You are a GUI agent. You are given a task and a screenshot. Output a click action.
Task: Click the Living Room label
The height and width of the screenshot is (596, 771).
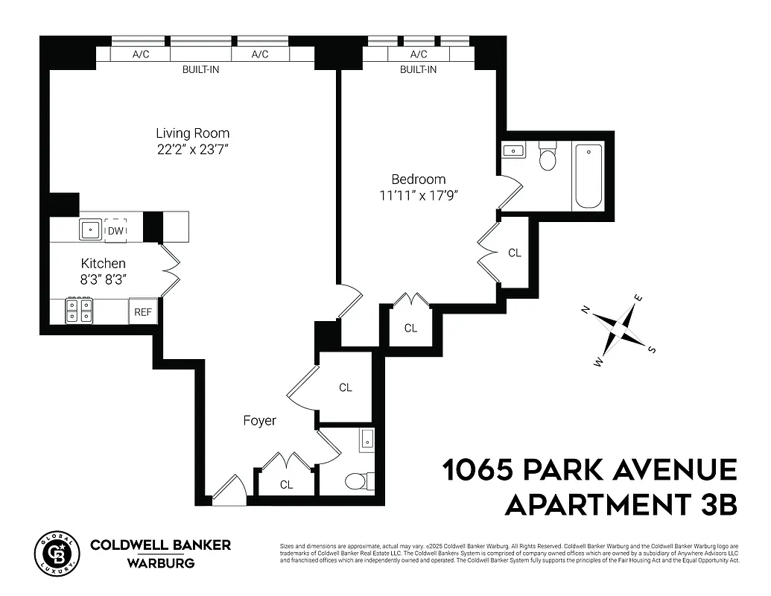[192, 133]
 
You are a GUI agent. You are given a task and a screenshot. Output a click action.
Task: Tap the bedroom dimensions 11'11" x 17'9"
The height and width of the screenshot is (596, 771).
[419, 195]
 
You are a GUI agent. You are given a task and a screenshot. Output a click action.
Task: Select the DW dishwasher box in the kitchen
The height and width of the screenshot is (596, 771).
[115, 230]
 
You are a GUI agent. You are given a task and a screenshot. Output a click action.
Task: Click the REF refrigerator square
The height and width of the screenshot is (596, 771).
[143, 311]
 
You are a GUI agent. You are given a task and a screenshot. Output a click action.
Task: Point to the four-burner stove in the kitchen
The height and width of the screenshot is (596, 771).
[80, 310]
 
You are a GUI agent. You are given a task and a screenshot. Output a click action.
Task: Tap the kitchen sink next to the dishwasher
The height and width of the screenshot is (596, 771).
[91, 230]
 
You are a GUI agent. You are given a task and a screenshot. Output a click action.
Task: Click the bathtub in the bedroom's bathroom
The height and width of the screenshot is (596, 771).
[588, 177]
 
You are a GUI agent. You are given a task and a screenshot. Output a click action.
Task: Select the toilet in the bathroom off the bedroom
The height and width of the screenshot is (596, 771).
[548, 159]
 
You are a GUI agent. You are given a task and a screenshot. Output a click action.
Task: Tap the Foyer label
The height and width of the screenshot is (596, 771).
[259, 421]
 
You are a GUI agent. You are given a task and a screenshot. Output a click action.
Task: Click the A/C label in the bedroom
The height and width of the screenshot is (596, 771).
[418, 54]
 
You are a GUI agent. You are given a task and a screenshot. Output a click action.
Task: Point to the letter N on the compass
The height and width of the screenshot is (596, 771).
[586, 310]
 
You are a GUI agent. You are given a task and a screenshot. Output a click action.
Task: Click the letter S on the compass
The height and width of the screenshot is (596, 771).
[652, 349]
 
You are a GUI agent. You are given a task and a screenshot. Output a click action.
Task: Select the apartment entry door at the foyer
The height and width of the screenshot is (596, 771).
[229, 492]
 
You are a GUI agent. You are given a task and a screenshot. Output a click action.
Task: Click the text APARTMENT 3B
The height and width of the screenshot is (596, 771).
[621, 504]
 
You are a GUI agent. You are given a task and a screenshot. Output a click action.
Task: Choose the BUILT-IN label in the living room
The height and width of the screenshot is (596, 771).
[200, 69]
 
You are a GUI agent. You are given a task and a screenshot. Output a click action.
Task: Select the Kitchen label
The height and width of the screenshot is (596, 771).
[103, 264]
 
